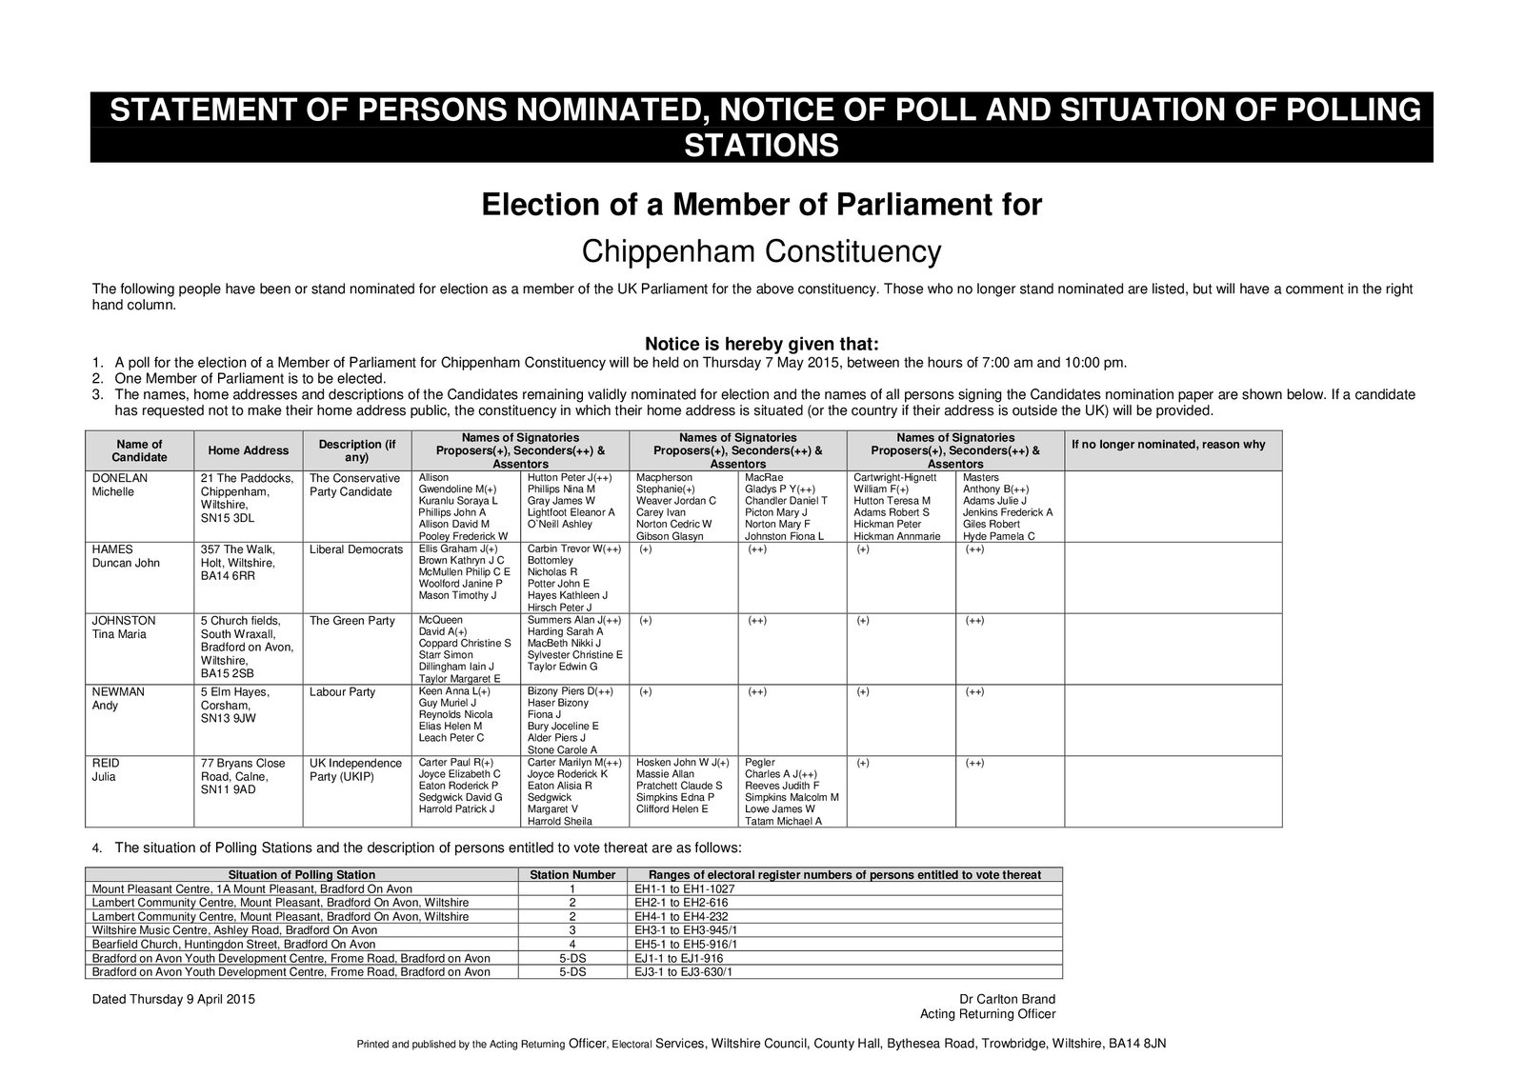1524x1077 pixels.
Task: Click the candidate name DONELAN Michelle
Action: click(x=120, y=485)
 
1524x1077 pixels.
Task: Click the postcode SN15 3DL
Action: click(x=228, y=518)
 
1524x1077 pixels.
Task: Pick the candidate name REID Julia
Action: click(x=106, y=770)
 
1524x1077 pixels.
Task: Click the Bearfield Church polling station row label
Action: click(x=233, y=944)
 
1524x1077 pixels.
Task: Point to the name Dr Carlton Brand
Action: click(x=1007, y=999)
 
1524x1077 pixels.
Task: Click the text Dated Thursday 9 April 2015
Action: click(x=173, y=999)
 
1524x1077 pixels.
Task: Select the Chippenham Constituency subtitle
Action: click(x=761, y=252)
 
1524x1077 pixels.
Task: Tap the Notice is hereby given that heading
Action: click(x=761, y=343)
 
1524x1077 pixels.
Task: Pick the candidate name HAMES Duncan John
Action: click(x=124, y=556)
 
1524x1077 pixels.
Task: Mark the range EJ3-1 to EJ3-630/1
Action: click(x=683, y=972)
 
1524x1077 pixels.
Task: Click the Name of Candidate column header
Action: click(x=139, y=450)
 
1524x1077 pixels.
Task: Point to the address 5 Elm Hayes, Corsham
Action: click(x=235, y=699)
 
